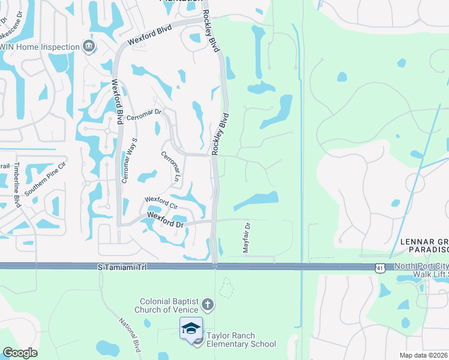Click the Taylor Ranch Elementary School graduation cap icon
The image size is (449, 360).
(191, 328)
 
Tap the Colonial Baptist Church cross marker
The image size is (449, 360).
(207, 304)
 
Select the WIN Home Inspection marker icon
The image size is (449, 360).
(88, 47)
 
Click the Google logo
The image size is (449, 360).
(20, 353)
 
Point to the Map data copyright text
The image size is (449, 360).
(424, 355)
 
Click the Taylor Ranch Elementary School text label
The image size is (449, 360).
(241, 340)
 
